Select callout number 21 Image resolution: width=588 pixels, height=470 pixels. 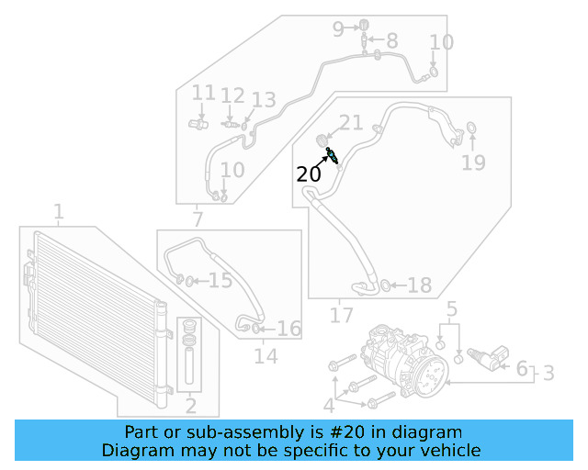pyautogui.click(x=351, y=123)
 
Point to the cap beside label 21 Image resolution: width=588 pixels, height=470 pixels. pyautogui.click(x=323, y=140)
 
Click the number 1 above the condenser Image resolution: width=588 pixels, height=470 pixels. pyautogui.click(x=59, y=213)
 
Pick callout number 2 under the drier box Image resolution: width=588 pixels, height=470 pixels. pyautogui.click(x=191, y=406)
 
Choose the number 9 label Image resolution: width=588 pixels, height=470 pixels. pyautogui.click(x=338, y=28)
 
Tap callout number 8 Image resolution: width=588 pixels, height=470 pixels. pyautogui.click(x=392, y=40)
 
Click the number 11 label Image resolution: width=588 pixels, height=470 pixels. pyautogui.click(x=203, y=93)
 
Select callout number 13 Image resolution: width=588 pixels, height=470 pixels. pyautogui.click(x=263, y=100)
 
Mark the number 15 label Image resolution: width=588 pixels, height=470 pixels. pyautogui.click(x=220, y=280)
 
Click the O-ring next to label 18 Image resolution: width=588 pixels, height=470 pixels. pyautogui.click(x=385, y=286)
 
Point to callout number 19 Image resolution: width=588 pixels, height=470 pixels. pyautogui.click(x=472, y=163)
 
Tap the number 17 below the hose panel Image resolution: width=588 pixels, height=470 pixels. pyautogui.click(x=341, y=316)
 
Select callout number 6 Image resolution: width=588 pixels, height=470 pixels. pyautogui.click(x=521, y=369)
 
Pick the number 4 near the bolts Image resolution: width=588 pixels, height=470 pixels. pyautogui.click(x=329, y=407)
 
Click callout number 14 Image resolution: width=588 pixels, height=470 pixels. pyautogui.click(x=266, y=356)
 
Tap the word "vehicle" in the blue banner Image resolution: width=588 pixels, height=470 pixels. pyautogui.click(x=449, y=450)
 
